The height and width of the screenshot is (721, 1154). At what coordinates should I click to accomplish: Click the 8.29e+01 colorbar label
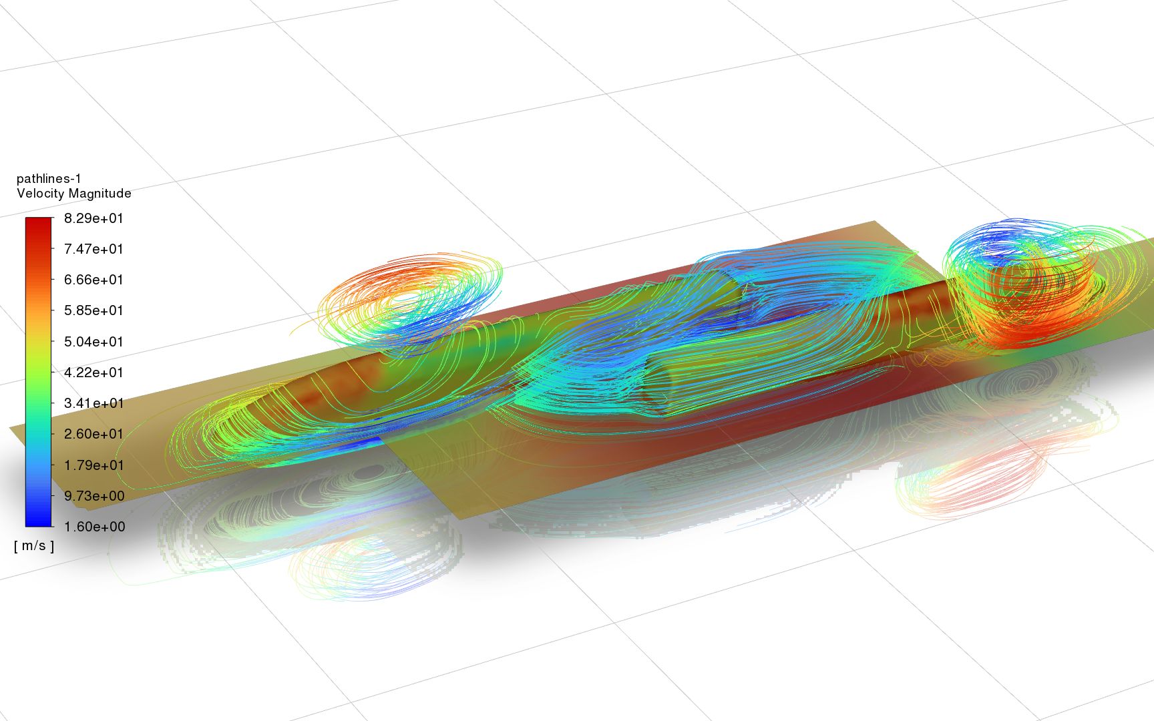coord(93,218)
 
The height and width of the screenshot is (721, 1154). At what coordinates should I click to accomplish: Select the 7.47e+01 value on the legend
coord(93,249)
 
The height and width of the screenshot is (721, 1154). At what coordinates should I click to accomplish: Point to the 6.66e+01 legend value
coord(93,280)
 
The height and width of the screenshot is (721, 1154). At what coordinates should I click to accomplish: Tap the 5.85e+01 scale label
coord(93,310)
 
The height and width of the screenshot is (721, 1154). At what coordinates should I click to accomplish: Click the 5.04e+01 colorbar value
coord(93,342)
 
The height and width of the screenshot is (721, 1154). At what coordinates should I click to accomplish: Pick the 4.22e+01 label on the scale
coord(93,373)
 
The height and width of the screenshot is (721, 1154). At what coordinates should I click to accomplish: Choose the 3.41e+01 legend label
coord(93,403)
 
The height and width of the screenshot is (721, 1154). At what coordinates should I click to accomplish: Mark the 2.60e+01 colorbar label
coord(93,434)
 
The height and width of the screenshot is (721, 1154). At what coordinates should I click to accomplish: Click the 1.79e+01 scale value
coord(93,465)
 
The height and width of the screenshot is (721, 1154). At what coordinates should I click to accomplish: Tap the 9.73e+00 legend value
coord(93,496)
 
